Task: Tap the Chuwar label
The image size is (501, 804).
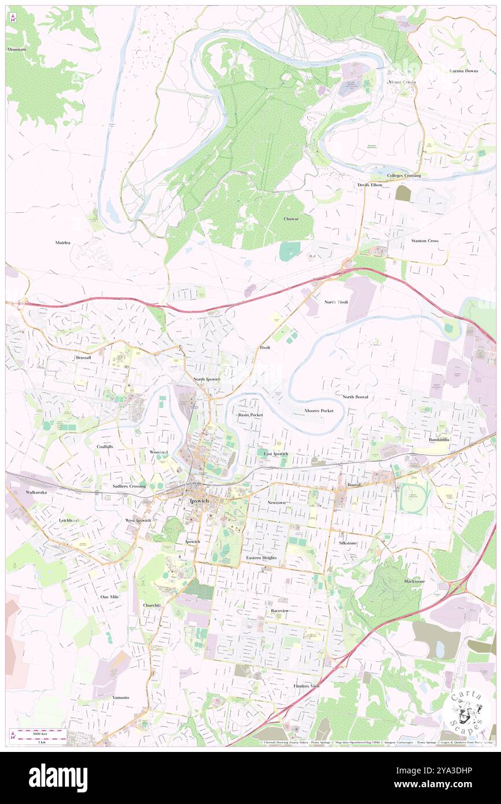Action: point(291,219)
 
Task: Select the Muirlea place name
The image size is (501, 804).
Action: point(62,242)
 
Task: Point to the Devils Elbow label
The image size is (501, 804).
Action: point(369,185)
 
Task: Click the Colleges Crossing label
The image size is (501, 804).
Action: point(404,175)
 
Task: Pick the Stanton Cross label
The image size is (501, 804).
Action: point(425,241)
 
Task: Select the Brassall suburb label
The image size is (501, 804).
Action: point(83,358)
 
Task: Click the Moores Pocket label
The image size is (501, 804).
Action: point(319,411)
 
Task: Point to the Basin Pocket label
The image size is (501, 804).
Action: point(250,415)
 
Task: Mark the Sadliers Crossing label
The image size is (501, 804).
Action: point(129,486)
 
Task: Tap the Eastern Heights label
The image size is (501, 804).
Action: point(261,558)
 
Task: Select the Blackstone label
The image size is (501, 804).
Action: point(414,581)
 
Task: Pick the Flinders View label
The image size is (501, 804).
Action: point(306,686)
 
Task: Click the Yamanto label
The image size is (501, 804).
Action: point(121,698)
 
